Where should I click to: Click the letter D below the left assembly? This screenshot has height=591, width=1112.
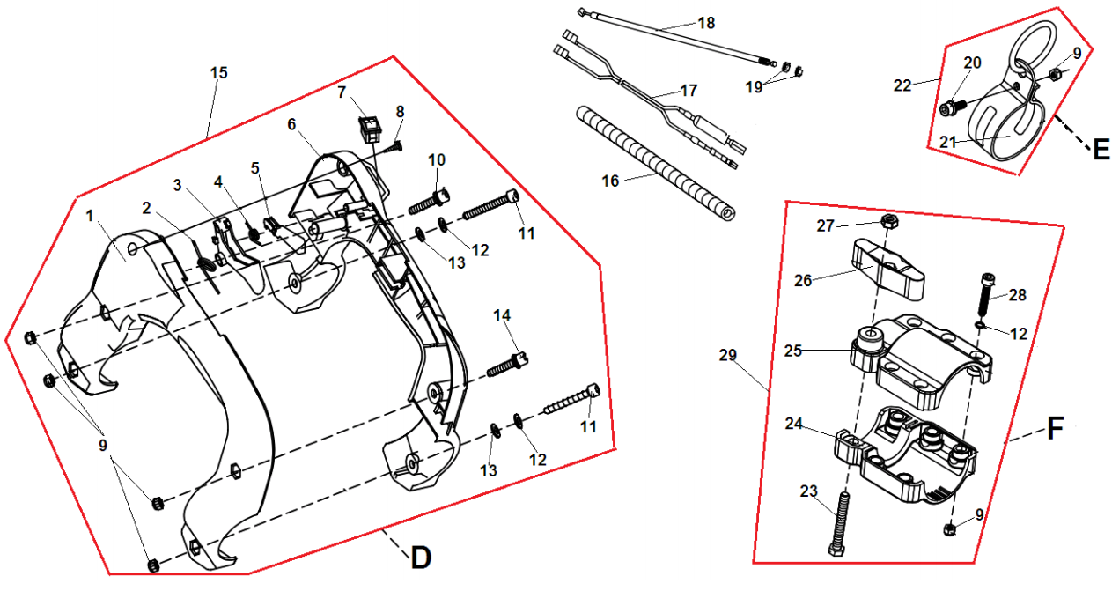(421, 557)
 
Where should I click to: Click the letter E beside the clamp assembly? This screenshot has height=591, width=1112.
(1100, 151)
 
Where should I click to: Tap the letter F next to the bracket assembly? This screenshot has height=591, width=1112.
(1057, 430)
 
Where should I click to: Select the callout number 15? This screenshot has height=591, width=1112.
(218, 72)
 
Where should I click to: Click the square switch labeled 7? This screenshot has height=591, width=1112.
(370, 127)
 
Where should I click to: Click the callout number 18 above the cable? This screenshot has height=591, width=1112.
(706, 23)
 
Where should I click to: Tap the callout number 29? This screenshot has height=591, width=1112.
(726, 355)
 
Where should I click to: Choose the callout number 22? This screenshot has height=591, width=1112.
(902, 85)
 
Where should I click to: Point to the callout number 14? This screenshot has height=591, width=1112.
(501, 315)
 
